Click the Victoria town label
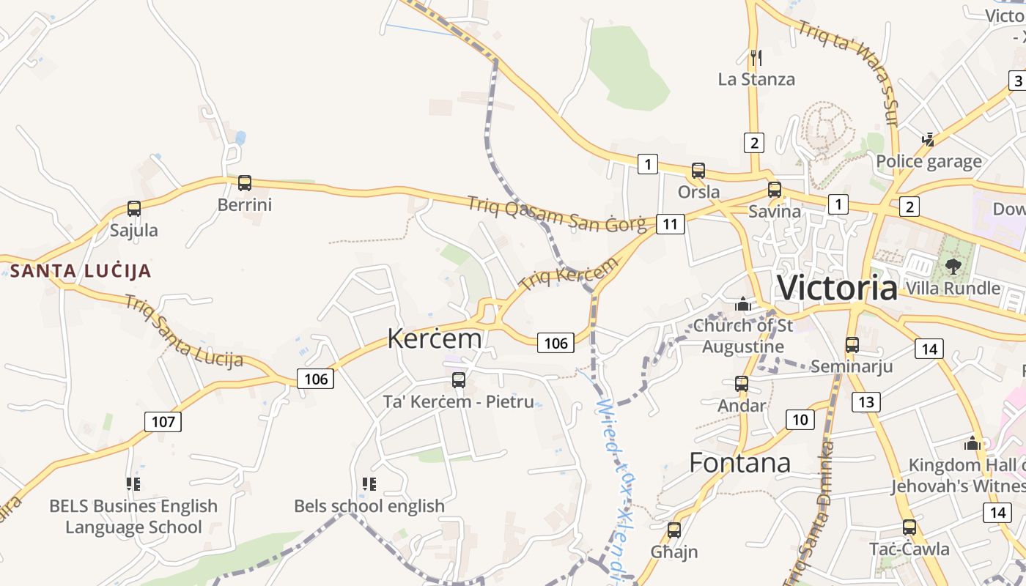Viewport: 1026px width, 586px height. coord(837,288)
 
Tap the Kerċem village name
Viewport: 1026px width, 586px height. coord(435,338)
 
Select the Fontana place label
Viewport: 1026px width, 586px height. coord(740,463)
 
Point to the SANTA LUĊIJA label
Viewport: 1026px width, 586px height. coord(81,271)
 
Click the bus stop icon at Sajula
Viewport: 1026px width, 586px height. coord(134,209)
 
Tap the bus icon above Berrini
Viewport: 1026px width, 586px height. coord(245,183)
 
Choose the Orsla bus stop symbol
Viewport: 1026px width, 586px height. coord(698,171)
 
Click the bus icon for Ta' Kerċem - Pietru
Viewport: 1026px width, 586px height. coord(459,379)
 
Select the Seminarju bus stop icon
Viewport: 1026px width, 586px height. coord(852,344)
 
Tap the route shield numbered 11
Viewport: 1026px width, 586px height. coord(671,223)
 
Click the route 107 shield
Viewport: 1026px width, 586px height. coord(163,422)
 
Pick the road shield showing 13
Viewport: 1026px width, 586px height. coord(866,401)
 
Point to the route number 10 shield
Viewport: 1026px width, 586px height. coord(800,420)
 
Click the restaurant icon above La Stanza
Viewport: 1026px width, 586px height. coord(756,56)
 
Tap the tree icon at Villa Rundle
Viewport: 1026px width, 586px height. coord(953,265)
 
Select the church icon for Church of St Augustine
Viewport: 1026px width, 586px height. coord(742,303)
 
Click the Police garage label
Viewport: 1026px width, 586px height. coord(929,161)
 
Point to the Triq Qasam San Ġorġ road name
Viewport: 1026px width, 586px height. coord(557,214)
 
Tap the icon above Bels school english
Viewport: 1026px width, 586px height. coord(369,483)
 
